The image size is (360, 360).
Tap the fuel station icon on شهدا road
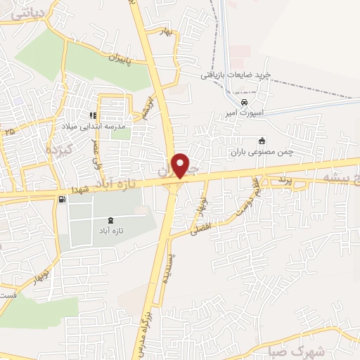pyautogui.click(x=62, y=200)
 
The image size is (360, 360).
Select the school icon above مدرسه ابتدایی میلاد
pyautogui.click(x=91, y=116)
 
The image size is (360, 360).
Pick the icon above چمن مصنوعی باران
pyautogui.click(x=261, y=140)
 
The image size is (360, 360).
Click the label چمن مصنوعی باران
pyautogui.click(x=257, y=150)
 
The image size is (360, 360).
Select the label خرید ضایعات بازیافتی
pyautogui.click(x=236, y=74)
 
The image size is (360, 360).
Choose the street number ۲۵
pyautogui.click(x=8, y=131)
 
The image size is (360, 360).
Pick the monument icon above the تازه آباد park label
pyautogui.click(x=109, y=220)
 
